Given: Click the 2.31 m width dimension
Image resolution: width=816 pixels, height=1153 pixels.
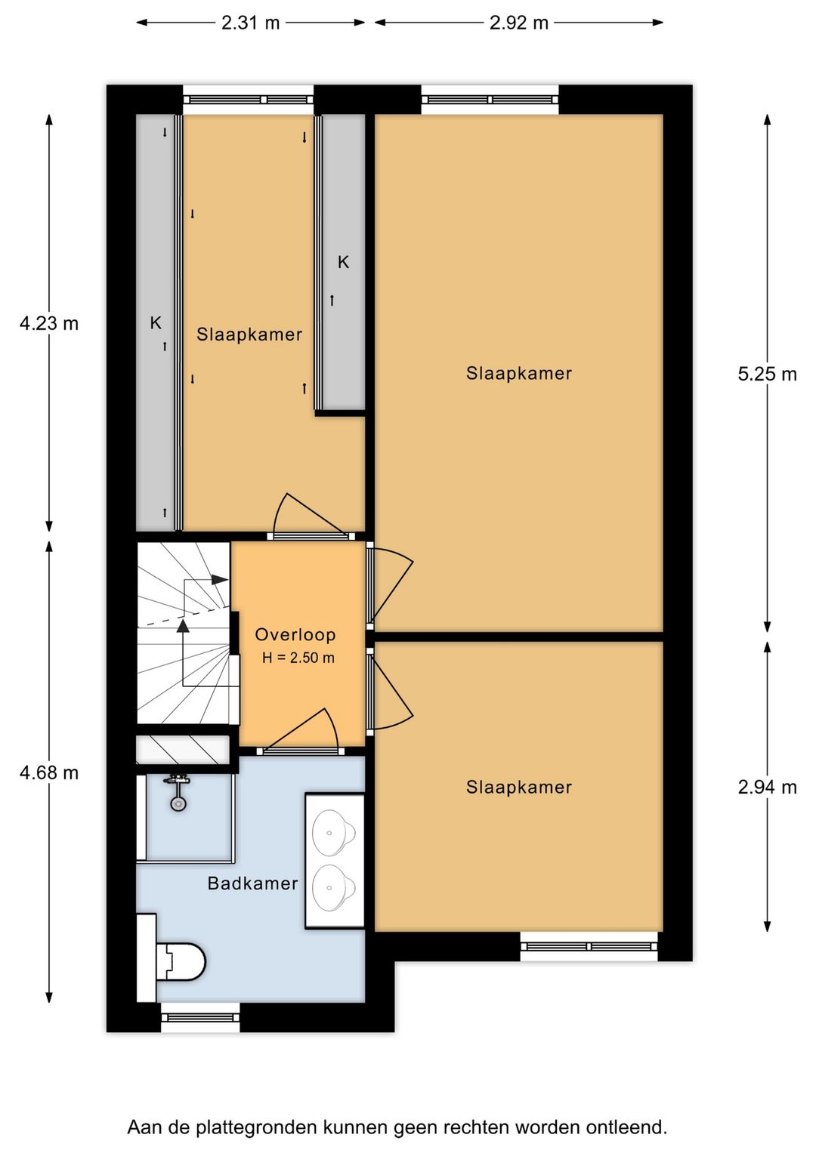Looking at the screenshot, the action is [250, 23].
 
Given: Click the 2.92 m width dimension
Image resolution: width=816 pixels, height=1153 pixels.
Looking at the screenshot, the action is [519, 23].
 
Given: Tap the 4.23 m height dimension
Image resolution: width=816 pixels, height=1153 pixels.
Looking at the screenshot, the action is [49, 324].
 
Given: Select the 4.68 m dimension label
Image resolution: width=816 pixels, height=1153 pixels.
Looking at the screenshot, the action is [49, 772].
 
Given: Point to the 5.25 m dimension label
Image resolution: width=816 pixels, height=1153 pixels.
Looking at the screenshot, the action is [767, 374].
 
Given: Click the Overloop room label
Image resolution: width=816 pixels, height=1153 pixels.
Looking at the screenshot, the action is [295, 635].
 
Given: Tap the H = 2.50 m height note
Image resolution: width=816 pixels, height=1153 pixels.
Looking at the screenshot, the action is [298, 658].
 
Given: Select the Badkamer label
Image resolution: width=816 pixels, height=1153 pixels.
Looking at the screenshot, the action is [252, 883].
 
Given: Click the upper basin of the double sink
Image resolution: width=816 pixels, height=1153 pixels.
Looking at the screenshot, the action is [334, 832].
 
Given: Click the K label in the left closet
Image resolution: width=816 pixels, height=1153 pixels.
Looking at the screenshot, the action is [156, 323].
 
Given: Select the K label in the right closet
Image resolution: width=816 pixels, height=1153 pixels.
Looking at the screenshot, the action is [343, 263].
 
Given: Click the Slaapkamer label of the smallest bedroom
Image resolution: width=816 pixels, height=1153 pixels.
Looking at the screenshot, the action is [249, 334].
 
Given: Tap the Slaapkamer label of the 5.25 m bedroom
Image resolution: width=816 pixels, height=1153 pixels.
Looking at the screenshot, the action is [519, 373].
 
